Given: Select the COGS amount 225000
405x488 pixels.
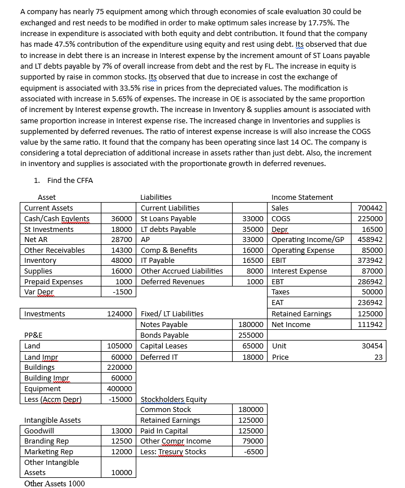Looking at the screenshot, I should pyautogui.click(x=370, y=219).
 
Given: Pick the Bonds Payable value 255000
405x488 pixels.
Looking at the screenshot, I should pyautogui.click(x=251, y=335).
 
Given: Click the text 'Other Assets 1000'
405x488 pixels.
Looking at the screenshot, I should pyautogui.click(x=55, y=483).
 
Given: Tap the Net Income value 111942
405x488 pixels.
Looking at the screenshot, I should pyautogui.click(x=370, y=325).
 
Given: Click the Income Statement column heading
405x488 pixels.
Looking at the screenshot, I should pyautogui.click(x=302, y=197).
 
